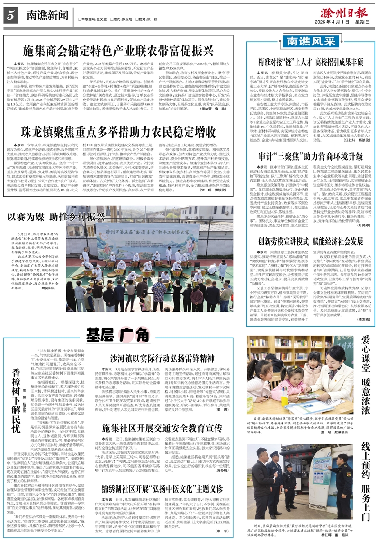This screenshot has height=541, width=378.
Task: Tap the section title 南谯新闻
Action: [45, 16]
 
